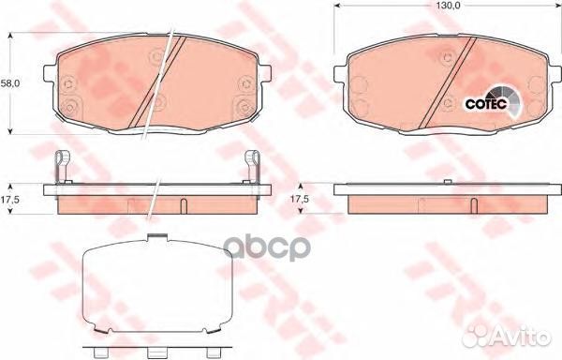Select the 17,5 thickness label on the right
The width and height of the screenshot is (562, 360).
click(299, 199)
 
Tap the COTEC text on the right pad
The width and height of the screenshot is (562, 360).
click(484, 102)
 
